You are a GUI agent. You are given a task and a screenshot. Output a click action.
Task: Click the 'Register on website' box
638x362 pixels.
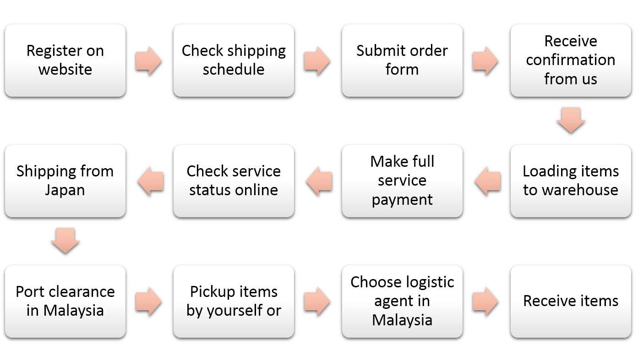pos(65,60)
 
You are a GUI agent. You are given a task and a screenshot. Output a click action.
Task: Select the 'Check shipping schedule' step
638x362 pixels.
pos(234,60)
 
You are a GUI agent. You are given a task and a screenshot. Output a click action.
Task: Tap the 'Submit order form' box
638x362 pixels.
pos(402,60)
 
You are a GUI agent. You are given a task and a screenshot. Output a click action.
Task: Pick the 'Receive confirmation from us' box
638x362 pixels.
pos(571,60)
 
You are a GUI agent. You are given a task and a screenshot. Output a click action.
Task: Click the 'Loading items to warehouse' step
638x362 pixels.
pos(571,181)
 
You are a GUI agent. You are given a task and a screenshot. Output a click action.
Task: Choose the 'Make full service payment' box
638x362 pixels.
pos(402,181)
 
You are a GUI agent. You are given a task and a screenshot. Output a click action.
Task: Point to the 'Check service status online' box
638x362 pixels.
pos(234,181)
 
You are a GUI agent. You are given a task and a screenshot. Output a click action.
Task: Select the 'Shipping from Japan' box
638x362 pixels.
pos(65,181)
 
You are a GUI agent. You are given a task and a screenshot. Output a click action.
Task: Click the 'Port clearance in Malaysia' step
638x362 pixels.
pos(65,301)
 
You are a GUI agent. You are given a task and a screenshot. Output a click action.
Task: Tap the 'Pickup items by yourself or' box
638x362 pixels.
pos(234,301)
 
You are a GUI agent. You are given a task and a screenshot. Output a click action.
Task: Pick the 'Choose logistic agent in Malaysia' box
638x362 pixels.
pos(402,301)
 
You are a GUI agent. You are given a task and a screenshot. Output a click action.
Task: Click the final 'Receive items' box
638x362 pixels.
pos(571,301)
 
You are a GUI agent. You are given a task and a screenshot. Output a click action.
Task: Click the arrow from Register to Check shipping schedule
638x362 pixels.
pos(148,60)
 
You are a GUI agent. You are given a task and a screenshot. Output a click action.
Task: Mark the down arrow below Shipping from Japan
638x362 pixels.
pos(65,241)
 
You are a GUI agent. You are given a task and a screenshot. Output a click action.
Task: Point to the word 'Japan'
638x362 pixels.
pos(65,190)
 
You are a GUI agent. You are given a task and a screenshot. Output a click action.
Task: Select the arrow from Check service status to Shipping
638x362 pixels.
pos(148,181)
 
